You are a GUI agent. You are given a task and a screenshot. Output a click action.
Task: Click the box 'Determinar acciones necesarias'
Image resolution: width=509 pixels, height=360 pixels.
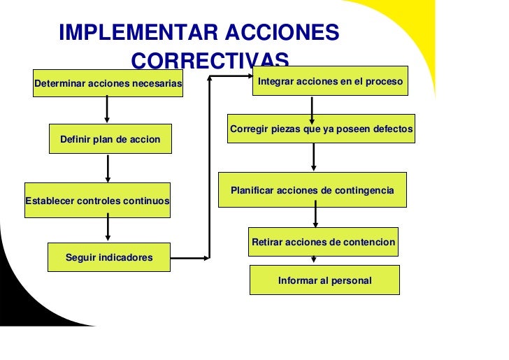pyautogui.click(x=108, y=83)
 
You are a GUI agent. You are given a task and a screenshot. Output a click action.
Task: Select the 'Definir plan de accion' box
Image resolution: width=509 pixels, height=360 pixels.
pyautogui.click(x=110, y=139)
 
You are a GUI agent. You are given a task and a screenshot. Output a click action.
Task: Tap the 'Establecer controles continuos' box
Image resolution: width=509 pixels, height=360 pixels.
pyautogui.click(x=97, y=200)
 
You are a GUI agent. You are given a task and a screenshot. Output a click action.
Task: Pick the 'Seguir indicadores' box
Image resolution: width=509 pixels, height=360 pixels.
pyautogui.click(x=108, y=257)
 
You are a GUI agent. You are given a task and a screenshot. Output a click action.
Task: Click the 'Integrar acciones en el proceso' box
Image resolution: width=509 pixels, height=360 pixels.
pyautogui.click(x=331, y=82)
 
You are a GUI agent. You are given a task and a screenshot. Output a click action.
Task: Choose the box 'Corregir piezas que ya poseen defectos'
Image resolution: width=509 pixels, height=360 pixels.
pyautogui.click(x=322, y=129)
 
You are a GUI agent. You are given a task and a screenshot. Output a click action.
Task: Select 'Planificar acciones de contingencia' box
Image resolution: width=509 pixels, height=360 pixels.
pyautogui.click(x=312, y=190)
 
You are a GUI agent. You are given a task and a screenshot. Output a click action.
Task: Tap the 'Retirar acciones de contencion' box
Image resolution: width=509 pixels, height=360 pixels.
pyautogui.click(x=323, y=242)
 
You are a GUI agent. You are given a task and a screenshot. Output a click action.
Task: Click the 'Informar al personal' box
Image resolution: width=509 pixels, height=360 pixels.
pyautogui.click(x=324, y=280)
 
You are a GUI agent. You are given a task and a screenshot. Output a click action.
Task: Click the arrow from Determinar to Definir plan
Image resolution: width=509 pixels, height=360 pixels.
pyautogui.click(x=107, y=109)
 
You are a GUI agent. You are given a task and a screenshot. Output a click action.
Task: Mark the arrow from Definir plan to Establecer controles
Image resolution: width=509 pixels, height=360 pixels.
pyautogui.click(x=108, y=168)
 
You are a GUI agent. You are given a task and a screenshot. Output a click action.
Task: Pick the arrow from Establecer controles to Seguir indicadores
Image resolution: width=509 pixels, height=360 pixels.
pyautogui.click(x=108, y=227)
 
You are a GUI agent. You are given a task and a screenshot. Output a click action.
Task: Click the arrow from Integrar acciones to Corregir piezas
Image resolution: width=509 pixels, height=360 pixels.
pyautogui.click(x=312, y=106)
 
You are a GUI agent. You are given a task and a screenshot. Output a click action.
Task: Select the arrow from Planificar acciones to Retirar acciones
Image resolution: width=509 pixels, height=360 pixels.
pyautogui.click(x=315, y=215)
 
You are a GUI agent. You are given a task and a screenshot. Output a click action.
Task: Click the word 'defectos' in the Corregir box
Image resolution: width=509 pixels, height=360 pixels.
pyautogui.click(x=394, y=129)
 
